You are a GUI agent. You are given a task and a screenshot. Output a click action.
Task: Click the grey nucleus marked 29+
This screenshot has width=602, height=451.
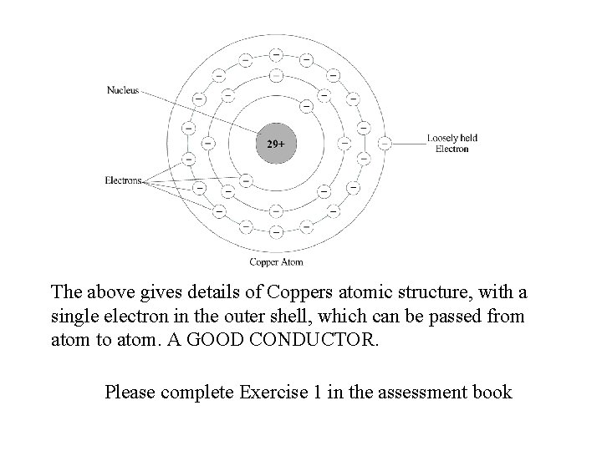[x=275, y=144]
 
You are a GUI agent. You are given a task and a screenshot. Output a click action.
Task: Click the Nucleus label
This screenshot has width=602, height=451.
[x=122, y=89]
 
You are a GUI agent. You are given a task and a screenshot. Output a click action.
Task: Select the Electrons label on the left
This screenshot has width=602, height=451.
[x=123, y=180]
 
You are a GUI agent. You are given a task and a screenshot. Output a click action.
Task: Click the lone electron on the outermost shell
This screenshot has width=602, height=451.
[x=384, y=144]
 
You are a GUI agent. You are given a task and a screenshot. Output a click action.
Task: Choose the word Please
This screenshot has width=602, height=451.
[x=130, y=391]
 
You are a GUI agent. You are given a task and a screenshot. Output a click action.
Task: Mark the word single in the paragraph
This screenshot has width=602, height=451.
[x=75, y=317]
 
